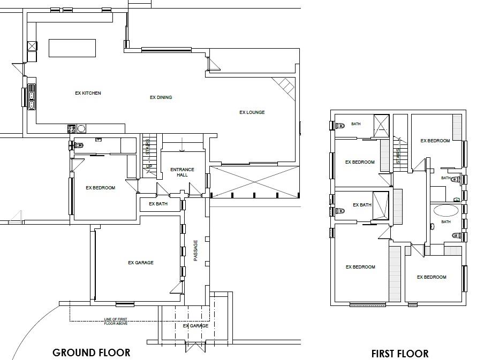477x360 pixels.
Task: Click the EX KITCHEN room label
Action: (88, 93)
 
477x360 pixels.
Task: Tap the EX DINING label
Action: (161, 97)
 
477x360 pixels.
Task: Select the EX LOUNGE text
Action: (252, 112)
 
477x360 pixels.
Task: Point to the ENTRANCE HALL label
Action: (182, 172)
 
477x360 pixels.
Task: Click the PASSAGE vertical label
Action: (195, 250)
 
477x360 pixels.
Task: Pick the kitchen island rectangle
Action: (72, 48)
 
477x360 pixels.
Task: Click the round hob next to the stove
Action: (81, 128)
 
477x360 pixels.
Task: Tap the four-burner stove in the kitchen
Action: (72, 128)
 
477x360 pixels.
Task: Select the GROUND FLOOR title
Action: (91, 353)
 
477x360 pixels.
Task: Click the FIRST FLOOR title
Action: (400, 354)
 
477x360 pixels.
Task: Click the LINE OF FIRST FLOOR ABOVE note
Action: (116, 321)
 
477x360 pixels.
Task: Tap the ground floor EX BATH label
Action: (158, 204)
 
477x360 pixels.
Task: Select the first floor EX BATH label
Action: (362, 205)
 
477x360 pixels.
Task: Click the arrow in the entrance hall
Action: (182, 144)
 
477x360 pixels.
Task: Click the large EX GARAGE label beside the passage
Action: (141, 263)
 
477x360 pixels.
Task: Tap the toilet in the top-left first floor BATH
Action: (339, 125)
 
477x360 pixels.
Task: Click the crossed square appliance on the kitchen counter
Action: (32, 46)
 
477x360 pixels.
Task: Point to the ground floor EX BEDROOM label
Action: (101, 188)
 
